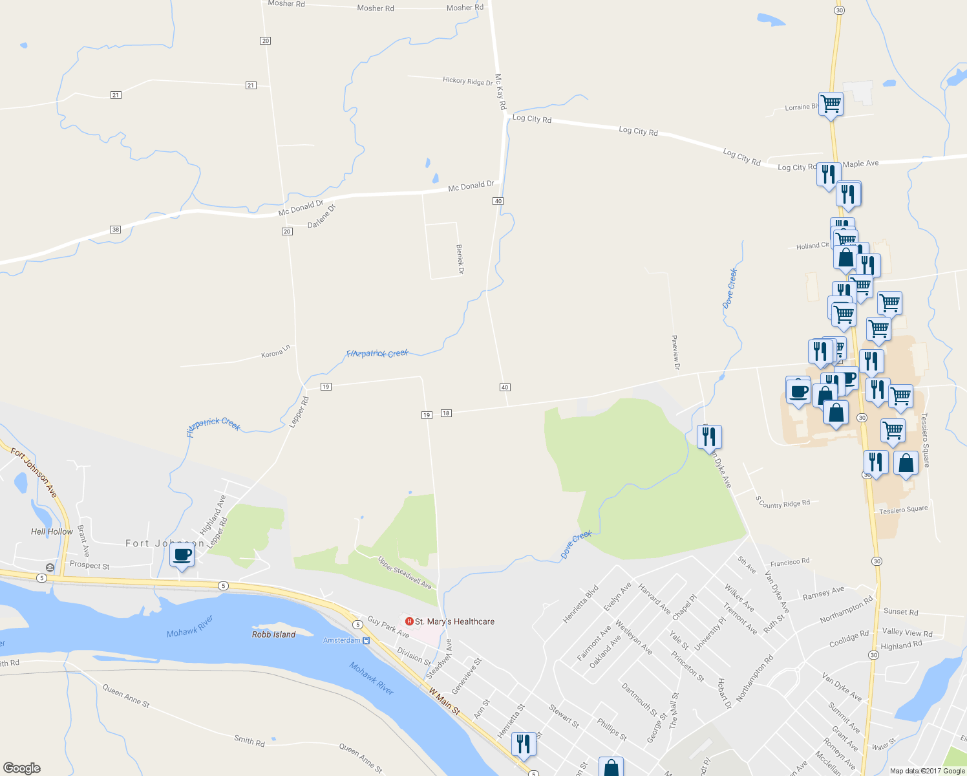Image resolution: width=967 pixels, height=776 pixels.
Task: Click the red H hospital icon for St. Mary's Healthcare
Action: [409, 621]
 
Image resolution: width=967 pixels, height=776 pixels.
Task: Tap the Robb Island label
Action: [273, 634]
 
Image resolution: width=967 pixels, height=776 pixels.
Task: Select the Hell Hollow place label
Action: [52, 532]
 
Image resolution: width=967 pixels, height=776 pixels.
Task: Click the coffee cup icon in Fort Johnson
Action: [182, 555]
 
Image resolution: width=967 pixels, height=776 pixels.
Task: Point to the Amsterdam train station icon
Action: [367, 640]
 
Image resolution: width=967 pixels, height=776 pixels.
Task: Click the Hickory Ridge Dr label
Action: [467, 81]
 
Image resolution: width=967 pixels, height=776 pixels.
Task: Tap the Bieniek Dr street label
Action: [460, 259]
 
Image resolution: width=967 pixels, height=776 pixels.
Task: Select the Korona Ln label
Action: [275, 352]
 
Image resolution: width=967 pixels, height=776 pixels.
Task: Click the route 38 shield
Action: [116, 230]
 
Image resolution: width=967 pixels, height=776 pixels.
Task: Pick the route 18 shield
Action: [446, 413]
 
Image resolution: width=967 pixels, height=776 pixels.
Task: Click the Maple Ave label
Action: [860, 164]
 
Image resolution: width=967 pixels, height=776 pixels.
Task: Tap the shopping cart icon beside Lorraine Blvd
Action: [831, 103]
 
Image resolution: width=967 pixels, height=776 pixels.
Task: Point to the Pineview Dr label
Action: [675, 352]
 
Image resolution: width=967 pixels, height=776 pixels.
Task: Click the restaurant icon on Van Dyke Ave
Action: [709, 437]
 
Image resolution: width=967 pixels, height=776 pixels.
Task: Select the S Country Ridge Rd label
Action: [783, 502]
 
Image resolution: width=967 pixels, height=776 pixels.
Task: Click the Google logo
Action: [22, 768]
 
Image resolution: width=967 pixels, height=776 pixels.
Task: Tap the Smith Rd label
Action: [249, 740]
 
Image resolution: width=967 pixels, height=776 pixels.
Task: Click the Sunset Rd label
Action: [900, 611]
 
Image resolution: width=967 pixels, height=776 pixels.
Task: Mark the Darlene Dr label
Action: [321, 216]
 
